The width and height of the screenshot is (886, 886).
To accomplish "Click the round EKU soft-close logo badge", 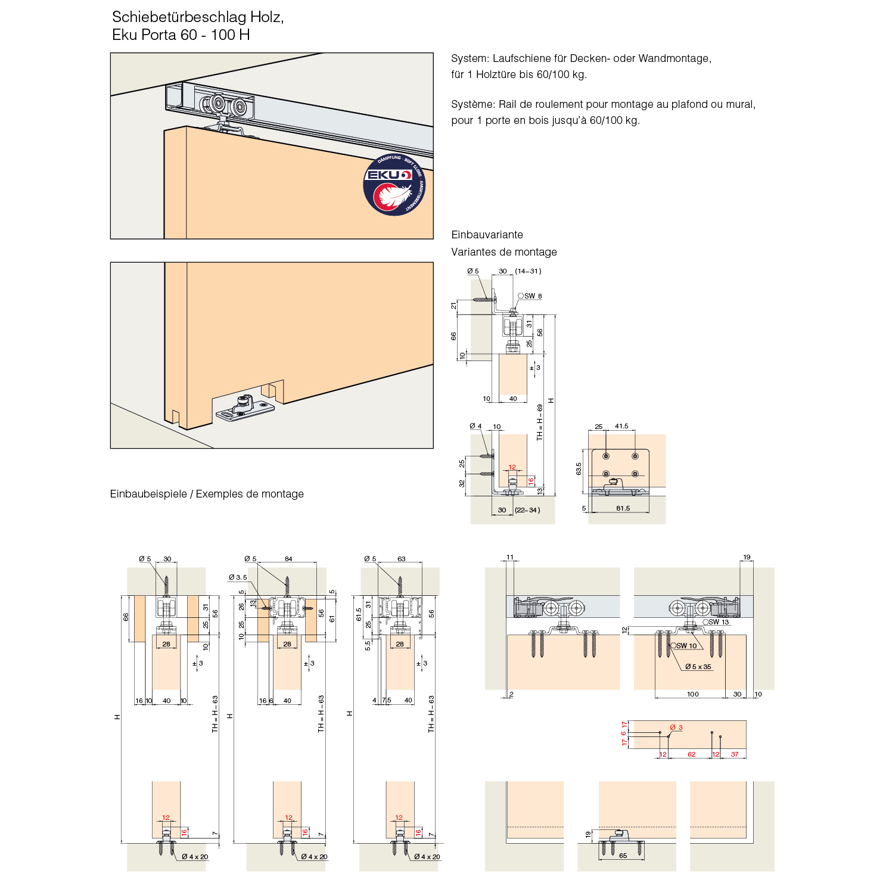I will [394, 185].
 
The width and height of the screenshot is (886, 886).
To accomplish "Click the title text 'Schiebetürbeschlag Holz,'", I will [198, 17].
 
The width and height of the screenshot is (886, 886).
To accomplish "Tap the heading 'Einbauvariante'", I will [487, 235].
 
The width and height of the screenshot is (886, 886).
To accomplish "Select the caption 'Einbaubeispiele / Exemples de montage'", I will [207, 494].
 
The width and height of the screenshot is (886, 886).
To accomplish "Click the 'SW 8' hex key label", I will [532, 296].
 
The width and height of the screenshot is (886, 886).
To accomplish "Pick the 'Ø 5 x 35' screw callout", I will [698, 667].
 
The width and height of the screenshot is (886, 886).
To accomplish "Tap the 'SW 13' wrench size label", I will [718, 622].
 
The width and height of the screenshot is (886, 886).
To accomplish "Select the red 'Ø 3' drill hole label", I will [676, 728].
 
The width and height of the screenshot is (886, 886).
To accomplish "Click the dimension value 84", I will [288, 559].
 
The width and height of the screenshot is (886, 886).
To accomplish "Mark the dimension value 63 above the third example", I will [401, 559].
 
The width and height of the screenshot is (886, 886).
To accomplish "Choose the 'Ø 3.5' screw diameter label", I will [238, 577].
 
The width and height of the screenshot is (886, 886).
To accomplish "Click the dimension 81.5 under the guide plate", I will [623, 508].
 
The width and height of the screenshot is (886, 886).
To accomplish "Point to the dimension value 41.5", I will [621, 426].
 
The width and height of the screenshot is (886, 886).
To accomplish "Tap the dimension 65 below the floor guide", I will [623, 856].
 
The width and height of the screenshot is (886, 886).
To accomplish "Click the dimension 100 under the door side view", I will [692, 694].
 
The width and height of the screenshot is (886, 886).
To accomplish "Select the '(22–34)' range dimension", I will [527, 510].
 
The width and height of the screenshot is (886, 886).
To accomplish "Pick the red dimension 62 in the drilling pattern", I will [691, 754].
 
